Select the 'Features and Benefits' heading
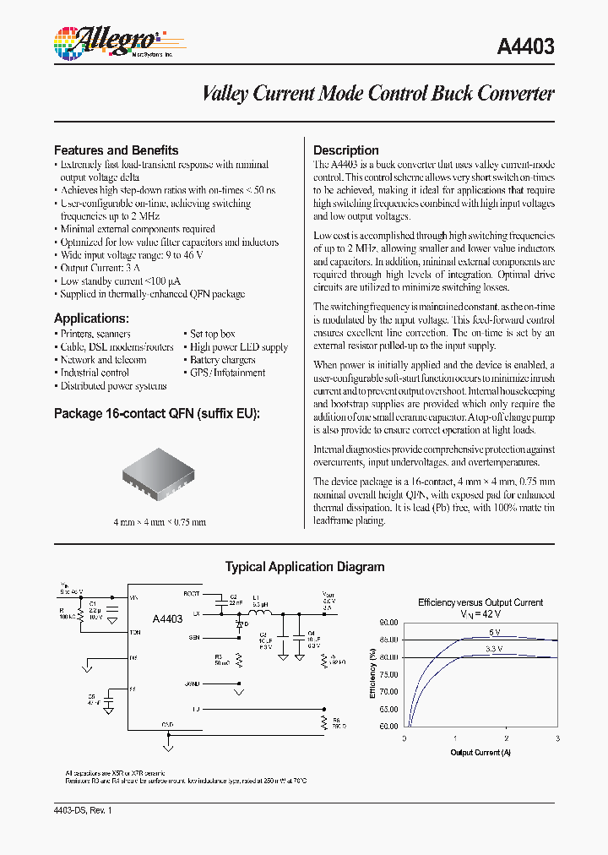click(x=116, y=150)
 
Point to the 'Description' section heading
click(x=345, y=150)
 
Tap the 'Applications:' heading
click(x=91, y=319)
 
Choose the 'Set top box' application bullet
click(x=212, y=334)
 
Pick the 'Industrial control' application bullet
click(x=94, y=373)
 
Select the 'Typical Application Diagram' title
click(x=304, y=567)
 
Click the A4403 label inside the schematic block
click(x=167, y=619)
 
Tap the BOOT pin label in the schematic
click(x=192, y=594)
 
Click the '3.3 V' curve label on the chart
click(x=493, y=649)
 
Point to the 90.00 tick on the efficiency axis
click(x=388, y=621)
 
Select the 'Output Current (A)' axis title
click(x=480, y=752)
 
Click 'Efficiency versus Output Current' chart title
click(x=480, y=602)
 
